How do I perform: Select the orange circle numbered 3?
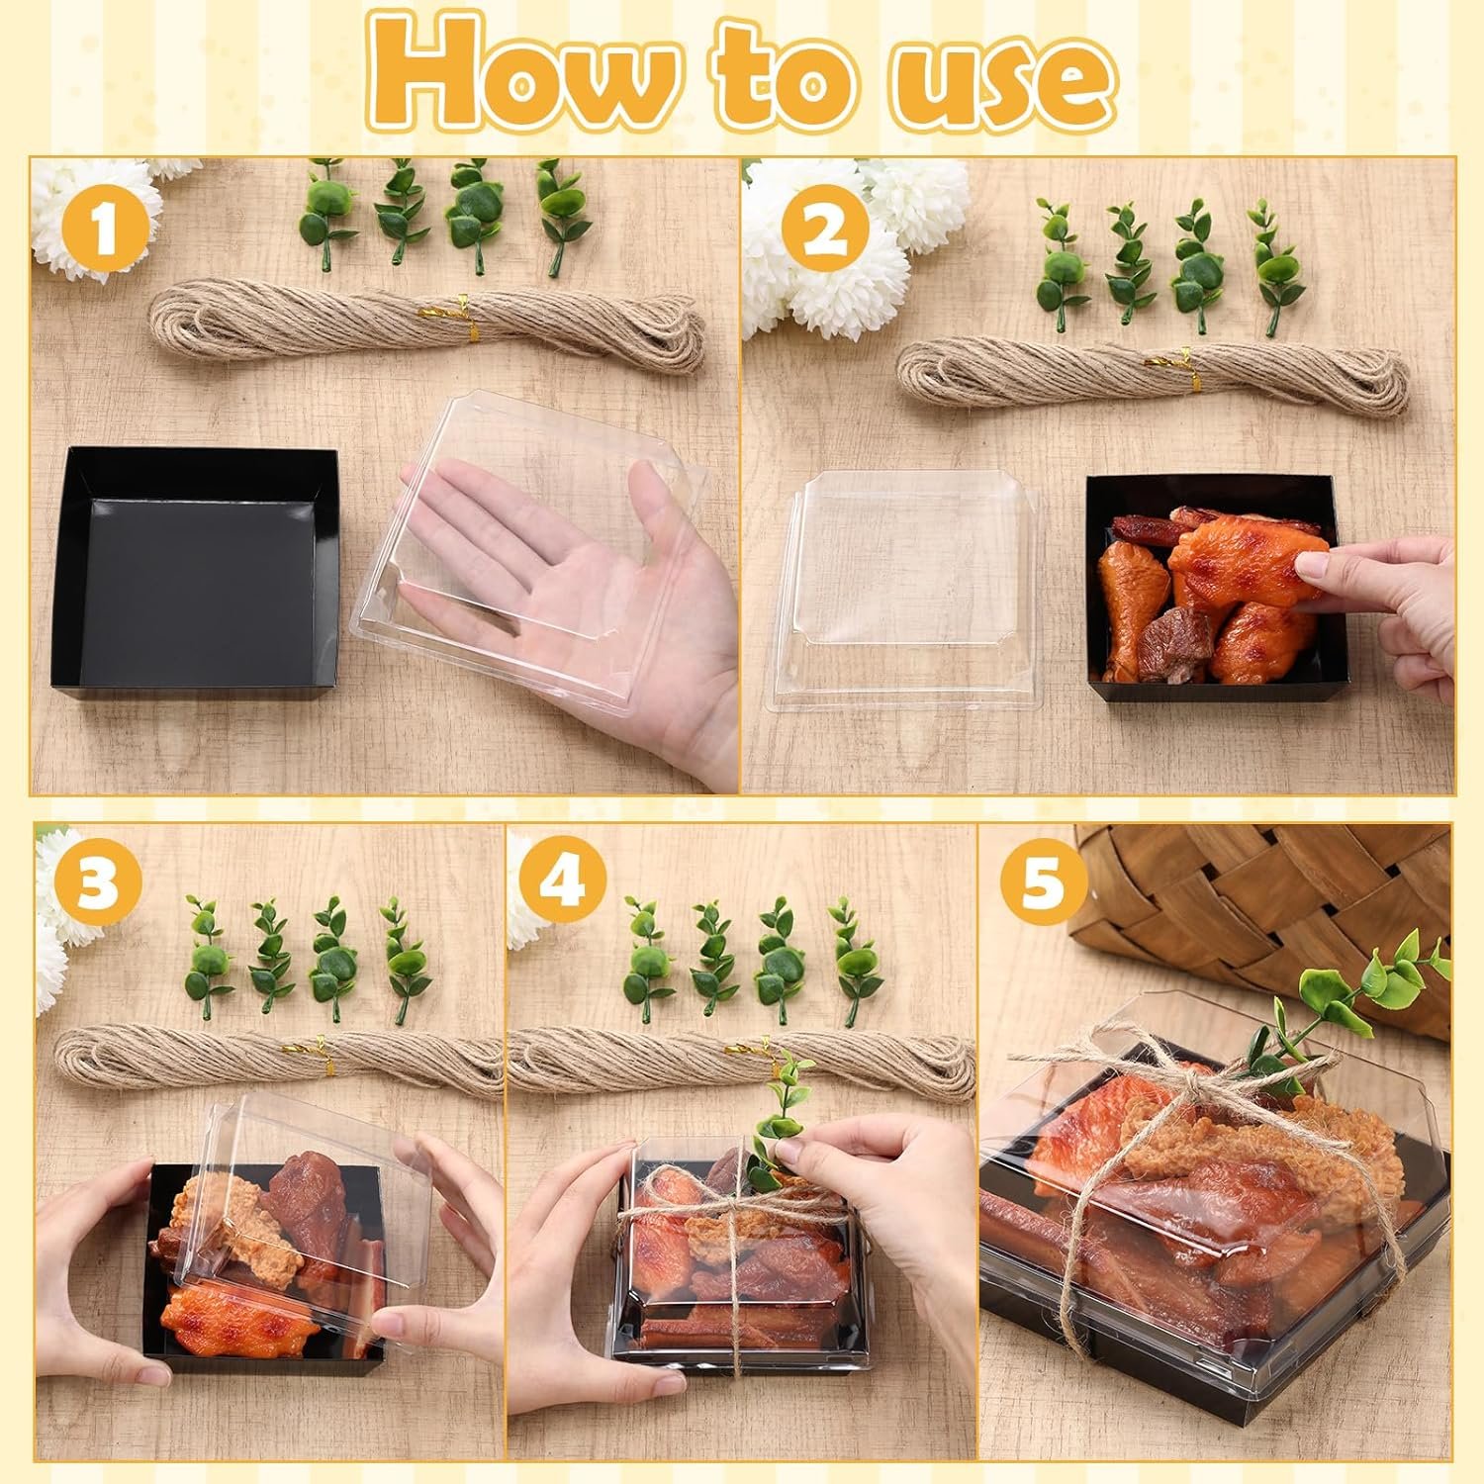96,883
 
